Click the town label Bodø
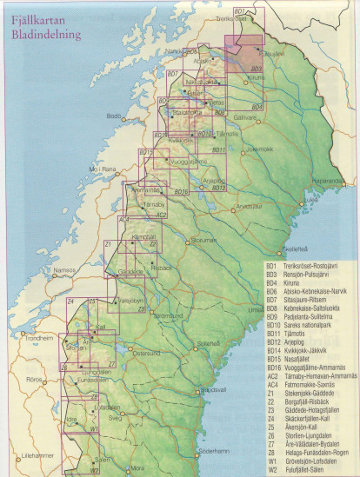click(x=113, y=116)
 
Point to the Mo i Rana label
click(x=102, y=169)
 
